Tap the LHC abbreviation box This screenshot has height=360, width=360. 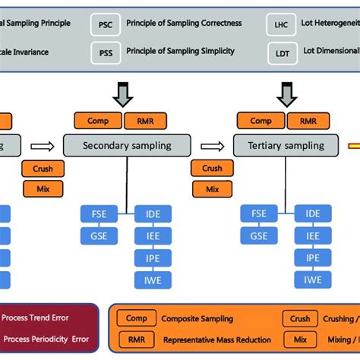point(282,24)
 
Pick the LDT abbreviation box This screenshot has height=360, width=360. point(282,52)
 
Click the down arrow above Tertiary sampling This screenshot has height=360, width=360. point(286,93)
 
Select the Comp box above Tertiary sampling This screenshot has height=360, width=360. point(261,121)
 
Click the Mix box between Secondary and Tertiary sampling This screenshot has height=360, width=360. point(213,189)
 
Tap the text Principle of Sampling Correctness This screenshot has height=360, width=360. point(180,24)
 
